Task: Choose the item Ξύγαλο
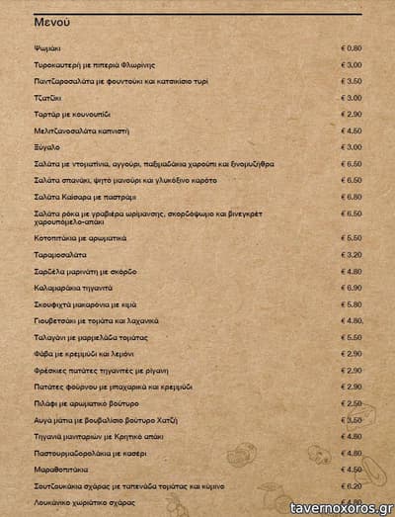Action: click(x=46, y=146)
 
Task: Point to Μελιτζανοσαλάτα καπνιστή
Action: click(x=82, y=129)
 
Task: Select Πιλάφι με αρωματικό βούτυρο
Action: click(x=86, y=403)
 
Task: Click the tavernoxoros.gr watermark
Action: click(x=338, y=507)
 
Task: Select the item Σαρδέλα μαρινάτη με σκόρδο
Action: click(x=85, y=271)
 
